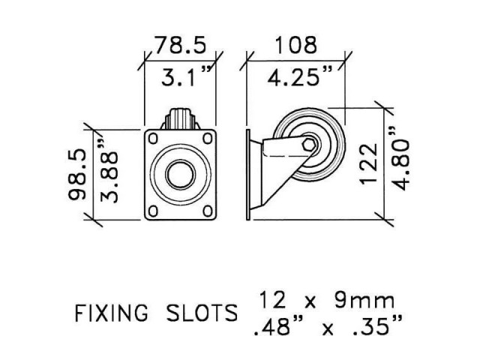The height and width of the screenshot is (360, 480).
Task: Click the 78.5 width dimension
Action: click(180, 46)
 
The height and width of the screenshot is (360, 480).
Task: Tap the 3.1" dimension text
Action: click(182, 76)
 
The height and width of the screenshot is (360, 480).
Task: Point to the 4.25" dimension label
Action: click(295, 76)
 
